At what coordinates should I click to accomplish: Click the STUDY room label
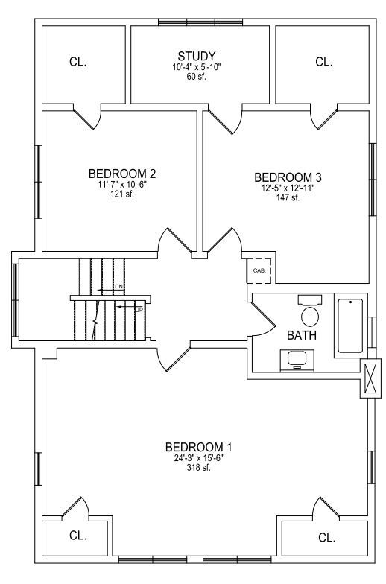pyautogui.click(x=197, y=57)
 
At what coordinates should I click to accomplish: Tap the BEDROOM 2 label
pyautogui.click(x=122, y=174)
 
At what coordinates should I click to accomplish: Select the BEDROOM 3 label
pyautogui.click(x=288, y=177)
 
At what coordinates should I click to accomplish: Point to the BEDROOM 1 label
pyautogui.click(x=198, y=447)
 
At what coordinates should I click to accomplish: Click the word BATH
pyautogui.click(x=302, y=335)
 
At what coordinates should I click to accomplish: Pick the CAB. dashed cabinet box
pyautogui.click(x=259, y=271)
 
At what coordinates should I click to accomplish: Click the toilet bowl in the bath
pyautogui.click(x=310, y=316)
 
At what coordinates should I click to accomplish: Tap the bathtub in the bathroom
pyautogui.click(x=350, y=326)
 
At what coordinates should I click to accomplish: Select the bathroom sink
pyautogui.click(x=297, y=359)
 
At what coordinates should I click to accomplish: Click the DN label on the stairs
pyautogui.click(x=118, y=286)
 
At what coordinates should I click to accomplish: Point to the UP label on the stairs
pyautogui.click(x=139, y=309)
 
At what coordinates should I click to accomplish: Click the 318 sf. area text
pyautogui.click(x=198, y=468)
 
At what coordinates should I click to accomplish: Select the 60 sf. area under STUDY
pyautogui.click(x=197, y=77)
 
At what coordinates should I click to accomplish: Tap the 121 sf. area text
pyautogui.click(x=122, y=194)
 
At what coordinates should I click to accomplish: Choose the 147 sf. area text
pyautogui.click(x=288, y=198)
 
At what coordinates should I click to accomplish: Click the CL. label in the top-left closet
pyautogui.click(x=77, y=62)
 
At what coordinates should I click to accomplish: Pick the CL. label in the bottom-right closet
pyautogui.click(x=326, y=538)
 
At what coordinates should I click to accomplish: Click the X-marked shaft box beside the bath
pyautogui.click(x=371, y=378)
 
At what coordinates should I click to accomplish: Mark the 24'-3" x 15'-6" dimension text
pyautogui.click(x=198, y=458)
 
